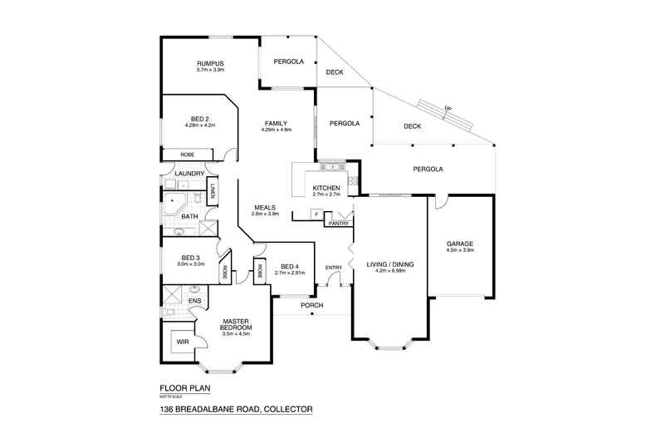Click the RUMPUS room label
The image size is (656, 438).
[211, 63]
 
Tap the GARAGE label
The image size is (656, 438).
[459, 244]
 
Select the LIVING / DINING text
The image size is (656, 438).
[390, 264]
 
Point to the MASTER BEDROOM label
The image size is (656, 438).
[237, 323]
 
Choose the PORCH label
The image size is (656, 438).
[312, 306]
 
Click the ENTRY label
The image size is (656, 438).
[334, 267]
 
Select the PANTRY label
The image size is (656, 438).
[337, 223]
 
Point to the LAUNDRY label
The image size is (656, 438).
[189, 174]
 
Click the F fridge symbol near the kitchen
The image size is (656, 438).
[316, 215]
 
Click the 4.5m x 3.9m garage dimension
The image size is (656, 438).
[459, 250]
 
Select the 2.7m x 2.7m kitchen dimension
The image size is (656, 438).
[326, 194]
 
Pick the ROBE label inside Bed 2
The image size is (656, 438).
[188, 154]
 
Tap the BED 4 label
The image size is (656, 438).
[291, 265]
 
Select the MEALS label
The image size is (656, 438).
[265, 208]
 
